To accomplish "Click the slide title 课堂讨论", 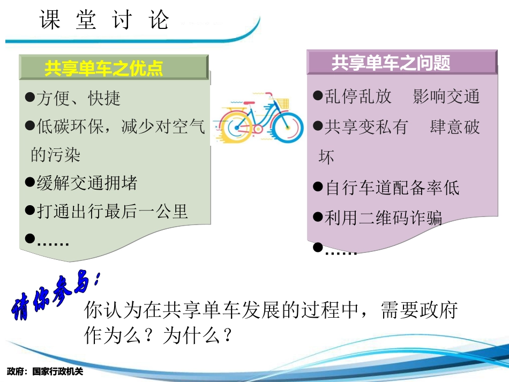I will tap(104, 20).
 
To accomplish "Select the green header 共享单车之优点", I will tap(104, 69).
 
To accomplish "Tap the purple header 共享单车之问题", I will tap(391, 63).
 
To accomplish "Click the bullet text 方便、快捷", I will tap(78, 98).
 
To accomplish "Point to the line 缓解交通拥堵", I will tap(87, 183).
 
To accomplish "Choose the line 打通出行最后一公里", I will tap(112, 211).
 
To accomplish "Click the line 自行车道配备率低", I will tap(392, 188).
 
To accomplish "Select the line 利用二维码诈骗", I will tap(383, 217).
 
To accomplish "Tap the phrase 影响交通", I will tap(446, 96).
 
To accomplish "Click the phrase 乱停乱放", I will tap(358, 96).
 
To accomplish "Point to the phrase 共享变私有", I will tap(366, 127).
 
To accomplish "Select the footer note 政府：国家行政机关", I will tap(46, 371).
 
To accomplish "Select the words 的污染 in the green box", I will tap(55, 155).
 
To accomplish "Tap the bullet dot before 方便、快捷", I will tap(30, 98).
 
